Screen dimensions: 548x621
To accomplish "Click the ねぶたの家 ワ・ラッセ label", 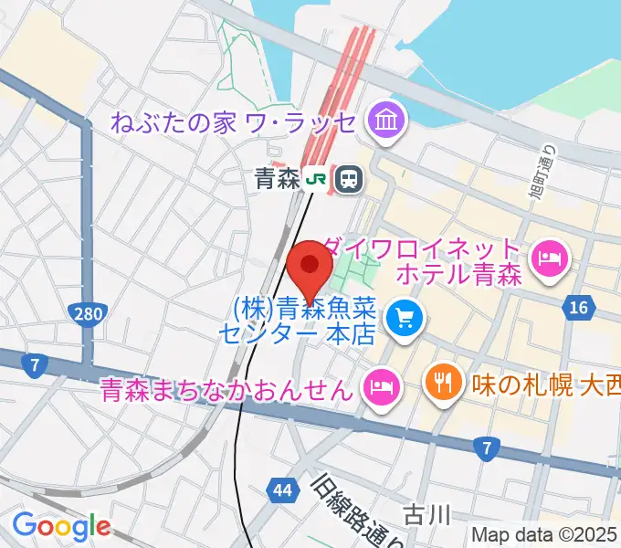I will [x=234, y=121].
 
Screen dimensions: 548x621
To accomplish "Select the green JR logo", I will [x=318, y=179].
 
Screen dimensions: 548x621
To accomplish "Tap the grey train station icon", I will [x=347, y=179].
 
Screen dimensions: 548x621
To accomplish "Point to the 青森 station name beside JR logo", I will [x=278, y=179].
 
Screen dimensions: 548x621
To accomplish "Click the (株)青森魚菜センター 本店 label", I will [x=296, y=319].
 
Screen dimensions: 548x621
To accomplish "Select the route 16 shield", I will [x=577, y=309].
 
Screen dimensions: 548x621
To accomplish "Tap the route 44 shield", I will [x=282, y=491].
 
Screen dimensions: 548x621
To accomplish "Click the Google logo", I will [x=61, y=525].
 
